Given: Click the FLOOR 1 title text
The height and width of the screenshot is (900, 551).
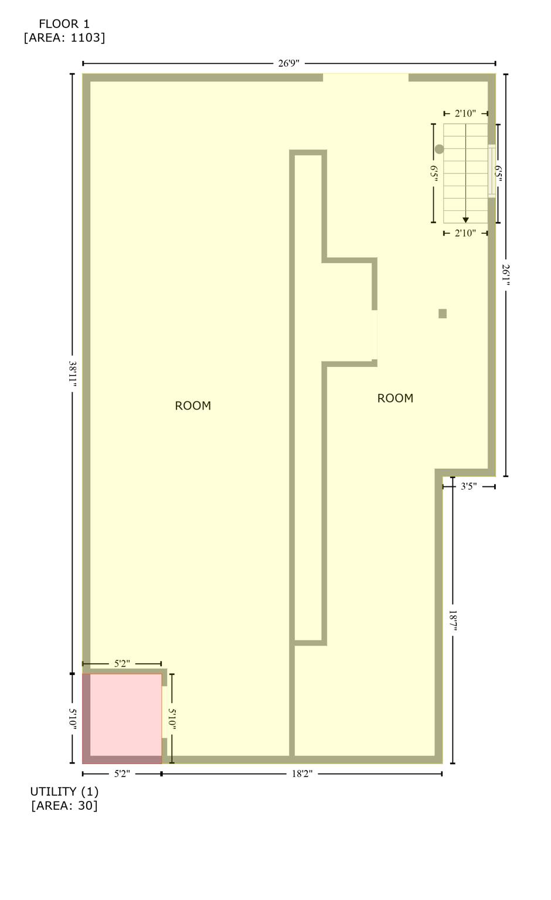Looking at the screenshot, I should [x=64, y=24].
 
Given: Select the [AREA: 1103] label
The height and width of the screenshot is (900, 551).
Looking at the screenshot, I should [x=64, y=38].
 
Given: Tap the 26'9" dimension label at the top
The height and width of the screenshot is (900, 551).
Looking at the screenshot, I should [x=288, y=63].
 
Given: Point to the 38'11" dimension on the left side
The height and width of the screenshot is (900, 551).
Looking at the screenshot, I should [x=73, y=373].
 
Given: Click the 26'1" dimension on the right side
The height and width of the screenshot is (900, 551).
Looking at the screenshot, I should [x=506, y=275].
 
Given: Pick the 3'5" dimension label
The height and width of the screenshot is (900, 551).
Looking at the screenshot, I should [x=468, y=486].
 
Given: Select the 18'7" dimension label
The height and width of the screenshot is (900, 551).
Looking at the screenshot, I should [x=453, y=621].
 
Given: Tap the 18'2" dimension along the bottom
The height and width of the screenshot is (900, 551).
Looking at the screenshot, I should [x=302, y=774].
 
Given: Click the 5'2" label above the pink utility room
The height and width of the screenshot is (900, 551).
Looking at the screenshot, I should [x=122, y=664].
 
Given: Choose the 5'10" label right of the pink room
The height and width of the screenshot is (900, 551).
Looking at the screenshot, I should [x=172, y=718].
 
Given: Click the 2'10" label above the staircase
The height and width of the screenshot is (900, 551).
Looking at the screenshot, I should [x=465, y=114].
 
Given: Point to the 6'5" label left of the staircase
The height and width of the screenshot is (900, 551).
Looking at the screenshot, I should [x=434, y=173].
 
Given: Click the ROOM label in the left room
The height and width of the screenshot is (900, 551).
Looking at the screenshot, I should [x=193, y=406].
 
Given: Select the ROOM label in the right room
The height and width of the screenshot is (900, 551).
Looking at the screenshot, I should [x=395, y=398].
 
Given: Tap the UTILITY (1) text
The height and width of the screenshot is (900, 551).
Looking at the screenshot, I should [x=64, y=792].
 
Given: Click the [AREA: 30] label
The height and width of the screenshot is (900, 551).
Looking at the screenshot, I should [x=64, y=806].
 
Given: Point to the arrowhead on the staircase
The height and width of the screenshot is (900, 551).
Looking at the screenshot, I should [x=465, y=220].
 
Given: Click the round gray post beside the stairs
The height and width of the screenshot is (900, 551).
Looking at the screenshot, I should [x=439, y=149].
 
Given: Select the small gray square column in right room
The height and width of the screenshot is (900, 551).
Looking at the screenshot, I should [x=443, y=313].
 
